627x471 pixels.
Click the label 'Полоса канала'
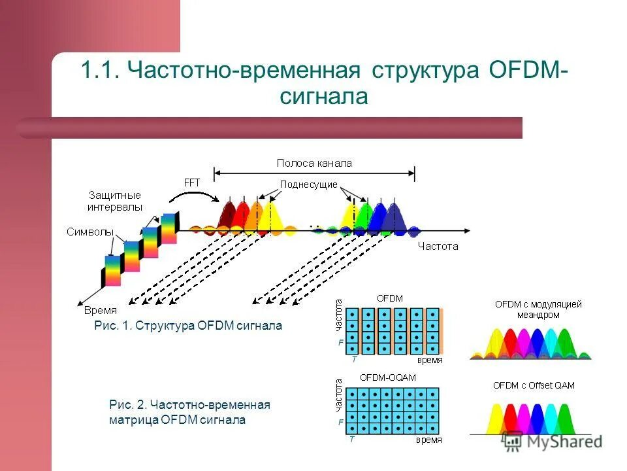[x=314, y=164]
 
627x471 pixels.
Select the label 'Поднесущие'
[x=309, y=184]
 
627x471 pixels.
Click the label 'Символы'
[x=89, y=232]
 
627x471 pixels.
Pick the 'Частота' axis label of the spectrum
[x=438, y=247]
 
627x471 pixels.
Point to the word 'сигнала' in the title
[x=325, y=96]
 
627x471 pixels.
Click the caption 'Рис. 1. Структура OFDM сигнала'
[x=188, y=326]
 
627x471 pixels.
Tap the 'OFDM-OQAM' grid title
[x=388, y=377]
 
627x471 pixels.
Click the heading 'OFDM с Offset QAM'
[x=534, y=385]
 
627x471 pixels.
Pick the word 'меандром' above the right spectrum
[x=538, y=315]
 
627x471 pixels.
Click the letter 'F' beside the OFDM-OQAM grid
[x=340, y=423]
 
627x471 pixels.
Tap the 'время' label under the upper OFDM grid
[x=430, y=360]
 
